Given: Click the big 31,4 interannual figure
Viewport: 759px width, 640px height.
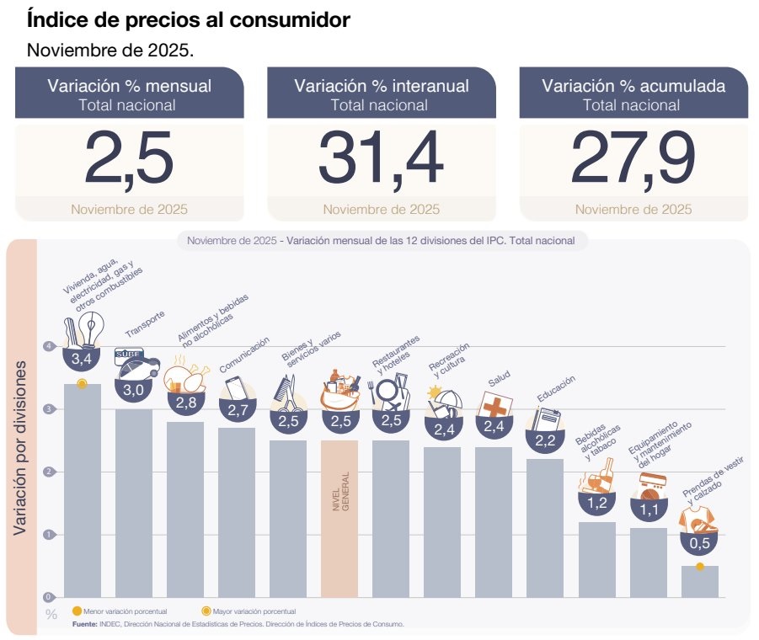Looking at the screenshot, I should coord(381,157).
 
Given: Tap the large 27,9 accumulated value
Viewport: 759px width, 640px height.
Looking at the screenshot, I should coord(633,157).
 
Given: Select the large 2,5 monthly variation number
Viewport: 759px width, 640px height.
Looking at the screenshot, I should coord(129,157).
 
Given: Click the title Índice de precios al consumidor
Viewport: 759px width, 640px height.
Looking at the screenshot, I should coord(189,19).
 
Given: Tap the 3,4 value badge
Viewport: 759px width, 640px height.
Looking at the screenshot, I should coord(82,360).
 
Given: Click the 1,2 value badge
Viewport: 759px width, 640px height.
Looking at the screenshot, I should coord(596,504).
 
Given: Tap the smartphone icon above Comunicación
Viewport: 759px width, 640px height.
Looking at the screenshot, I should coord(236,388).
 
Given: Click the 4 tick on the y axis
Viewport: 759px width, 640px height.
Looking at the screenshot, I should coord(50,346).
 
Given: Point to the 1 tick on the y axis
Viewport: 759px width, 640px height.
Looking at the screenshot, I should coord(50,535).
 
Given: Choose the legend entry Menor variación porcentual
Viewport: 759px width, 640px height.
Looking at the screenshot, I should coord(119,611).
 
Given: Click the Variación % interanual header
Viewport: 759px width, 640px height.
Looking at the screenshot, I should coord(382,86).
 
